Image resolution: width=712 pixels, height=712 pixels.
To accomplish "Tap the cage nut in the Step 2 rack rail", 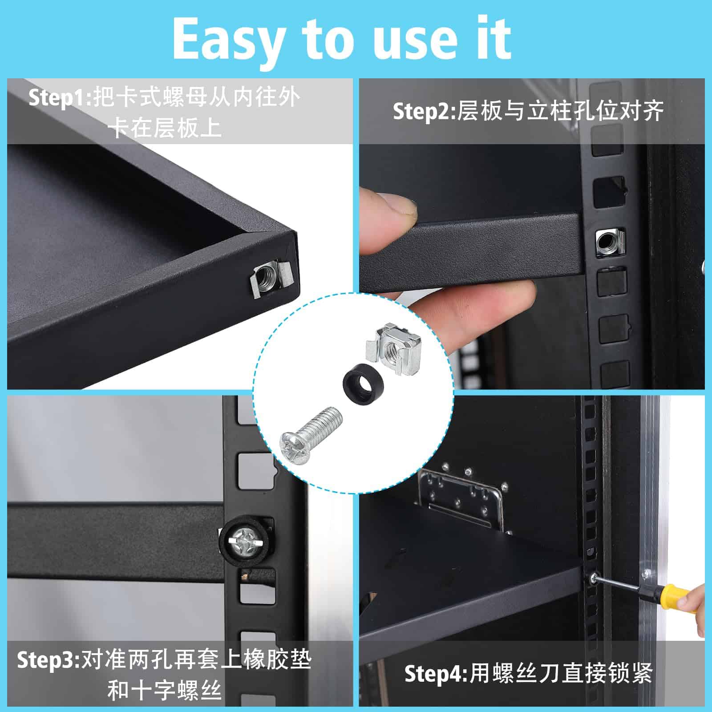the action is [x=610, y=243].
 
